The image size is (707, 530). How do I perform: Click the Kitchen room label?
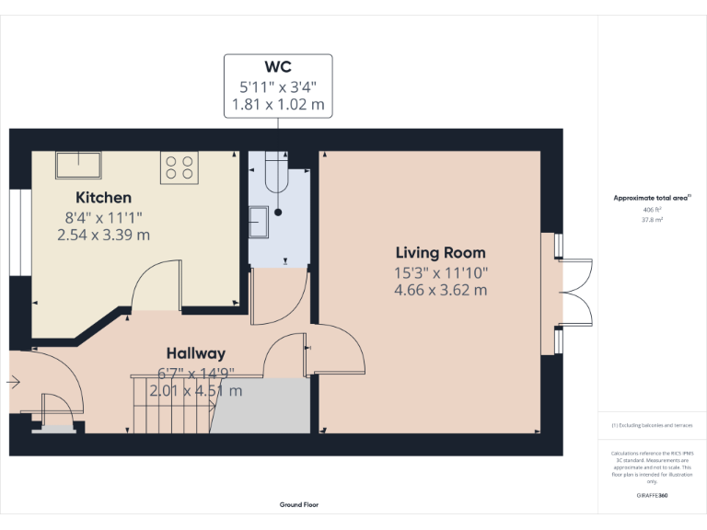103,197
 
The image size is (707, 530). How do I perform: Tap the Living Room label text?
440,252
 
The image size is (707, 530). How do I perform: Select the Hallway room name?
195,353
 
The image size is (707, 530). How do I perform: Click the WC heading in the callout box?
278,66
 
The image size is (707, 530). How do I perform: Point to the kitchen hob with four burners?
180,167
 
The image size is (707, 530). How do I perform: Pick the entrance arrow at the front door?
14,381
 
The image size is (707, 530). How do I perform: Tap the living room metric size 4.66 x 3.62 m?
440,290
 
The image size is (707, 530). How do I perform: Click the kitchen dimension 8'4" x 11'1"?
103,217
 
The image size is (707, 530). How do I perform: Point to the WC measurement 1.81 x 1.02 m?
278,105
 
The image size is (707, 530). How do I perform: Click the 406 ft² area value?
652,211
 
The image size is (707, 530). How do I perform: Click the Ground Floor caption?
299,504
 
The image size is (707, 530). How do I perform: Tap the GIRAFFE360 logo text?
652,495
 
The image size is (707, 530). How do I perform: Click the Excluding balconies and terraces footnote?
652,425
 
